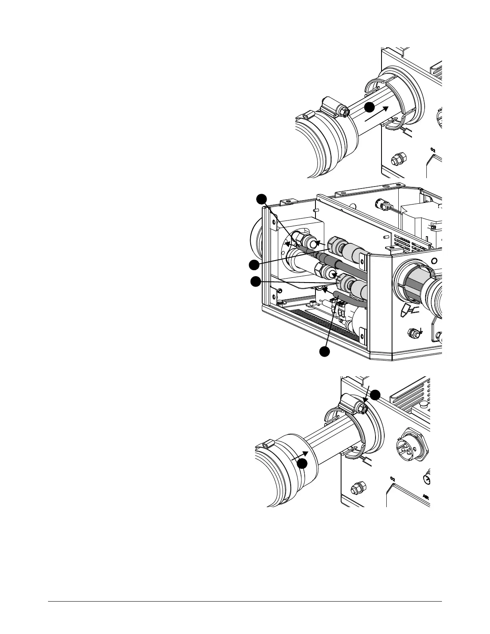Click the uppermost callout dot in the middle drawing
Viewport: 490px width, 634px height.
[x=261, y=199]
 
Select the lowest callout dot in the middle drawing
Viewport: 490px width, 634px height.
[x=324, y=351]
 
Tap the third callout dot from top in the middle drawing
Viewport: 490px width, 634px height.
[x=255, y=282]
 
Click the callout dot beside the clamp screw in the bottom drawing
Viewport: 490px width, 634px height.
[x=375, y=395]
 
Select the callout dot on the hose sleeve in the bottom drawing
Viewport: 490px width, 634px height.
[x=303, y=463]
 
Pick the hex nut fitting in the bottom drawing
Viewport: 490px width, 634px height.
[x=356, y=490]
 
